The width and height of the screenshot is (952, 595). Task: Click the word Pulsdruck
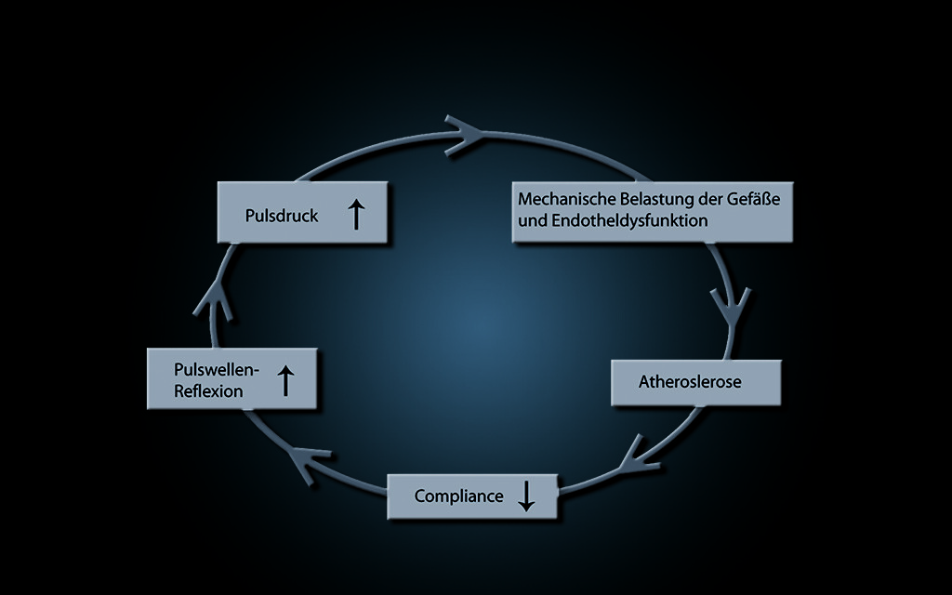(282, 216)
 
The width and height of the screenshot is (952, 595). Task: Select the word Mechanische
(561, 199)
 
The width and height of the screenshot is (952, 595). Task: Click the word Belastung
(644, 199)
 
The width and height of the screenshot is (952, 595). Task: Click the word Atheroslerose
(690, 382)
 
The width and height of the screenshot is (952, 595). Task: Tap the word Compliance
(458, 496)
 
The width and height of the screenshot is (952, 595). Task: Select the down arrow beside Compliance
(526, 495)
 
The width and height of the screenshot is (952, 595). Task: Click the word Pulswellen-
(216, 369)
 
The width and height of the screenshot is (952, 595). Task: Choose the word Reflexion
(208, 391)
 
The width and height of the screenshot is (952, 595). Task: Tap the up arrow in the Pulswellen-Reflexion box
(286, 379)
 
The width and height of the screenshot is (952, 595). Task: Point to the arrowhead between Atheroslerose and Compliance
(636, 451)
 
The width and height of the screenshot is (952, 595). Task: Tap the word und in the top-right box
(531, 221)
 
